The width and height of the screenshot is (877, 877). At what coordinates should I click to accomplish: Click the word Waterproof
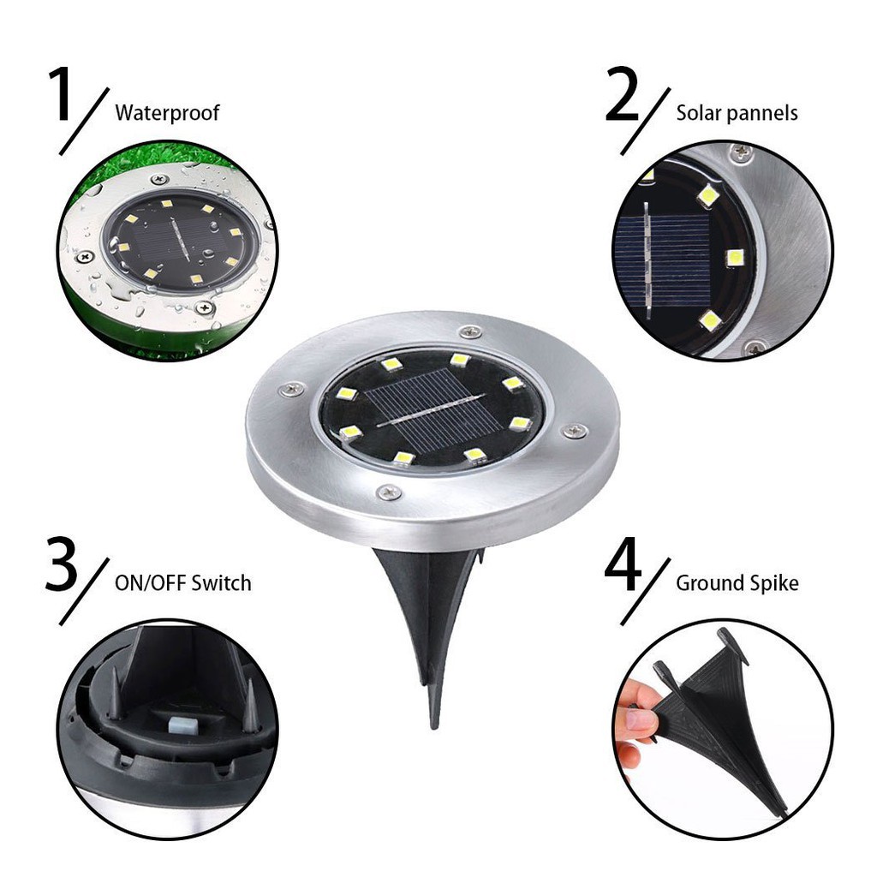167,112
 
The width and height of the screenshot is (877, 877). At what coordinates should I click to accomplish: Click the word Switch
221,584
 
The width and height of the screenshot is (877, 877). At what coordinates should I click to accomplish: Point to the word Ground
709,584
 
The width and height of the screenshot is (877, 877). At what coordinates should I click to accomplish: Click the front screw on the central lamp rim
390,492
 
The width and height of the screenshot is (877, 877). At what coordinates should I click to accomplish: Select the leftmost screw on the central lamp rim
289,390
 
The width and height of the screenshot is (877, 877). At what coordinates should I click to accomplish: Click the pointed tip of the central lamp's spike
434,724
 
